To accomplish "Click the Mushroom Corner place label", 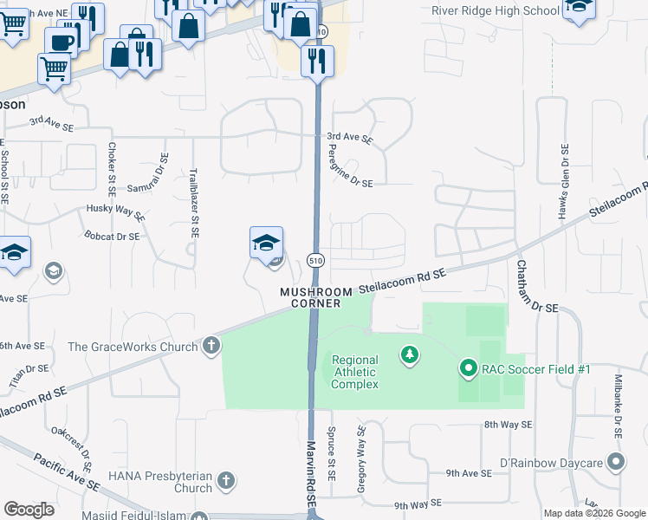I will (316, 297).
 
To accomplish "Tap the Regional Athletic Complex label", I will (355, 372).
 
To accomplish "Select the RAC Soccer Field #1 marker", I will (469, 369).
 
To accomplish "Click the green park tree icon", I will (410, 354).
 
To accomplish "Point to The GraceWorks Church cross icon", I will (211, 347).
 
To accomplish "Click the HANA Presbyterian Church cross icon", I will (225, 481).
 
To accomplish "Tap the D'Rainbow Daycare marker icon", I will (616, 462).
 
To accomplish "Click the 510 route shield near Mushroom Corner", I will (316, 260).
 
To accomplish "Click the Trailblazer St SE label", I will (196, 203).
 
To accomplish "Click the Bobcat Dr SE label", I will (112, 236).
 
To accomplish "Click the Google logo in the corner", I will (28, 510).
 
